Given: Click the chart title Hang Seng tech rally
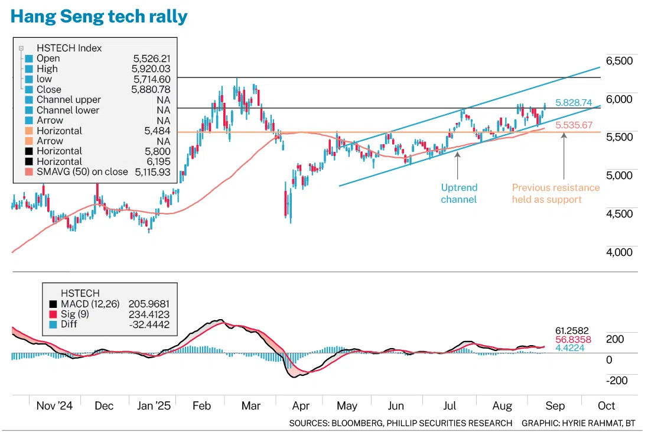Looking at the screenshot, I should click(99, 17).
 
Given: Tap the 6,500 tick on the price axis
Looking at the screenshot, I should click(619, 61).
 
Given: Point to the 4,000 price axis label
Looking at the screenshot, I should click(619, 252).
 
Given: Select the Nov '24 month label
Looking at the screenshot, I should click(54, 406).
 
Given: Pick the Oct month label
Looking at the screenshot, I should click(606, 406).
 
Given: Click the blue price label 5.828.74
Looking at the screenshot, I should click(574, 103).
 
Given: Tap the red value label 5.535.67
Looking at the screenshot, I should click(574, 125).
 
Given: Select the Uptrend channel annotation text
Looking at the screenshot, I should click(459, 193).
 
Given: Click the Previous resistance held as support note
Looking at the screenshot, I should click(555, 193).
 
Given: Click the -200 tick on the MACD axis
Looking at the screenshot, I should click(617, 380).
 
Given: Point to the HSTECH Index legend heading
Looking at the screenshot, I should click(69, 48).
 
